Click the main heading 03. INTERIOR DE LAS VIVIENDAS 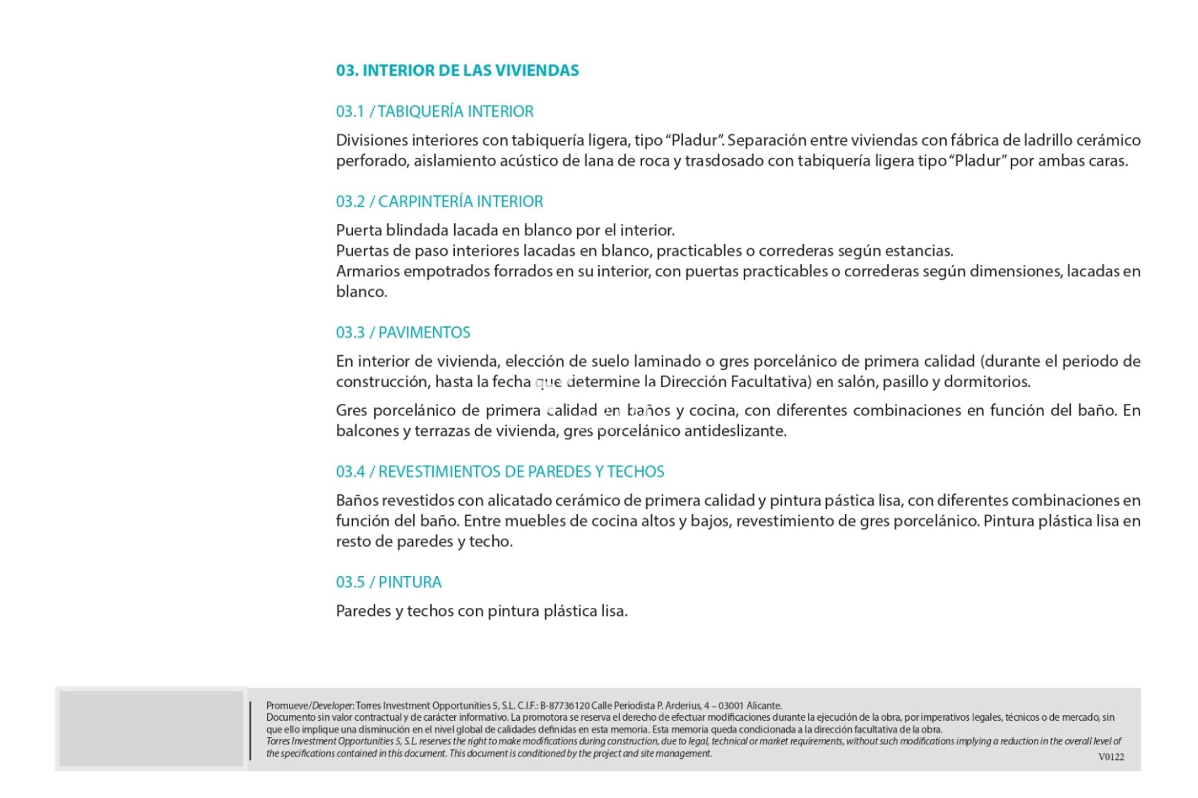[x=457, y=70]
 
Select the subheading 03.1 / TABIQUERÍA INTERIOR [x=435, y=112]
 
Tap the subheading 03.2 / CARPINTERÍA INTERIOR [x=439, y=201]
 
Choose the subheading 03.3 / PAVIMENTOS [x=403, y=332]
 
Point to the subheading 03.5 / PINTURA [x=389, y=582]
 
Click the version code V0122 [x=1111, y=757]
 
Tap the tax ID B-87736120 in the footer [x=565, y=706]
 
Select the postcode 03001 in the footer [x=731, y=706]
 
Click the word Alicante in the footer [x=764, y=706]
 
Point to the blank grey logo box [x=151, y=728]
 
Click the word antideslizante [x=735, y=431]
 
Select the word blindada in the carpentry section [x=417, y=230]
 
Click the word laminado [x=667, y=361]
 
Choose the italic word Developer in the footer [x=333, y=706]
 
